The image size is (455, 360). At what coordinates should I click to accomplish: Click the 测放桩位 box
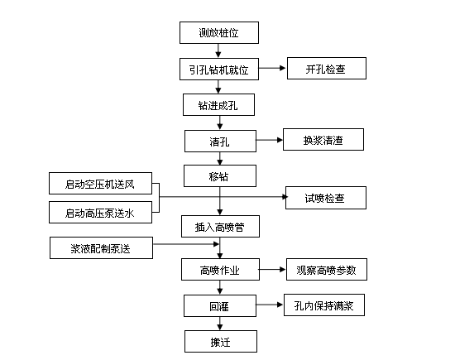(219, 32)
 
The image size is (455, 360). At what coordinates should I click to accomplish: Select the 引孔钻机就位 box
(219, 69)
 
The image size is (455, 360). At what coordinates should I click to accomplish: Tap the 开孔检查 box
(327, 68)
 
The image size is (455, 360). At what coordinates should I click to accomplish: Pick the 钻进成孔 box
(218, 104)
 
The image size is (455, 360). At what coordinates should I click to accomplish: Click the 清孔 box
(220, 141)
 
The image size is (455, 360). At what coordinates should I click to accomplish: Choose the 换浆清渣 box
(323, 139)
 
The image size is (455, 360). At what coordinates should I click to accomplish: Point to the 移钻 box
(220, 176)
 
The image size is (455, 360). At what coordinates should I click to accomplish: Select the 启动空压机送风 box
(100, 184)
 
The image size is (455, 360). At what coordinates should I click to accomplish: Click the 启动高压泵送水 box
(100, 212)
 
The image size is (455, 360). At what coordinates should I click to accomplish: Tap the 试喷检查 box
(326, 198)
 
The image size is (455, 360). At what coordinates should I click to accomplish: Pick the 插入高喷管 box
(220, 226)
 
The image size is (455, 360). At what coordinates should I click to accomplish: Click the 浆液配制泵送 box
(101, 247)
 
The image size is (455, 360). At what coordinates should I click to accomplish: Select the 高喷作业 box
(220, 270)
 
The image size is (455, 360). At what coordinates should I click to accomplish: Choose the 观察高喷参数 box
(327, 270)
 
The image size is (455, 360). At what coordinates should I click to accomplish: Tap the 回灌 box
(220, 305)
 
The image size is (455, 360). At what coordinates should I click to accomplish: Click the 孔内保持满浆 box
(324, 305)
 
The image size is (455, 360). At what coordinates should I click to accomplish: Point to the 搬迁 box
(221, 342)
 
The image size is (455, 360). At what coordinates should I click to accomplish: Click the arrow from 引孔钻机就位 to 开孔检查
(272, 68)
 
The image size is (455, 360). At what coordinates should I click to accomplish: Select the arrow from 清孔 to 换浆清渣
(270, 140)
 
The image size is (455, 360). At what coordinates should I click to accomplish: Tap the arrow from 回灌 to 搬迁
(220, 323)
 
